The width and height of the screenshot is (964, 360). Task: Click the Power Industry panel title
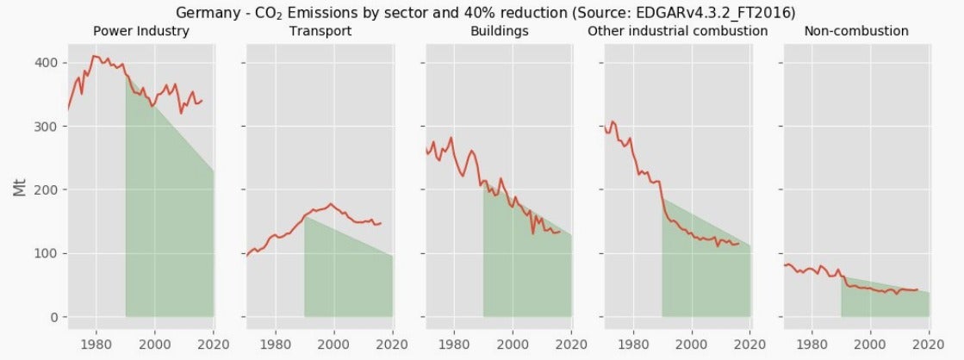pos(140,31)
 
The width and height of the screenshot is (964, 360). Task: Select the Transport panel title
pos(320,31)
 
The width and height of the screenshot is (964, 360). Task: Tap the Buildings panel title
pos(499,31)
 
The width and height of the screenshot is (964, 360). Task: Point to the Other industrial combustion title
pos(677,31)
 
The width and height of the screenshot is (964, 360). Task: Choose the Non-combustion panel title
pos(856,31)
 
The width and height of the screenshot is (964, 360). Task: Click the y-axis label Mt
pos(21,188)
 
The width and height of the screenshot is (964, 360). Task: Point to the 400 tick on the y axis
pos(47,63)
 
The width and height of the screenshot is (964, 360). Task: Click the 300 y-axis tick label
pos(47,127)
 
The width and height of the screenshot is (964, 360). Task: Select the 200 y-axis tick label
pos(47,189)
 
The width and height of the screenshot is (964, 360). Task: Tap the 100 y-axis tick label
pos(47,254)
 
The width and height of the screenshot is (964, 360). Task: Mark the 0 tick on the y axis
pos(55,317)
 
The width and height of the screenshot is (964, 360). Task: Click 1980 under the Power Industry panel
pos(96,344)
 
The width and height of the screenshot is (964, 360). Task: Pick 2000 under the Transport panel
pos(334,344)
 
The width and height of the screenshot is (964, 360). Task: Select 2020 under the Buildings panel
pos(572,344)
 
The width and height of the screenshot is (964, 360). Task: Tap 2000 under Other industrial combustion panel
pos(692,344)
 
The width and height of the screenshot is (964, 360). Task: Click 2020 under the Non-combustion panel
pos(930,344)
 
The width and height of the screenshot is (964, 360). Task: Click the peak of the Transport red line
pos(331,203)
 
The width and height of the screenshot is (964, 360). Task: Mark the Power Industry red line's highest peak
pos(93,56)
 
